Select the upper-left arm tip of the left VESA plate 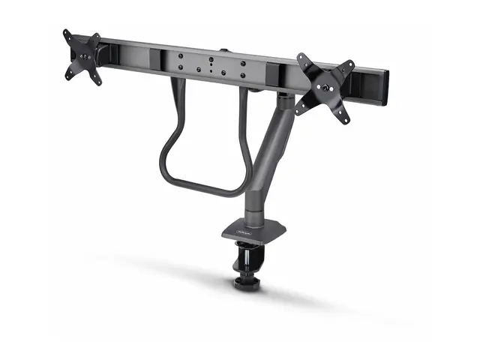coord(66,34)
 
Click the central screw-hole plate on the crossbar coord(211,64)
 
